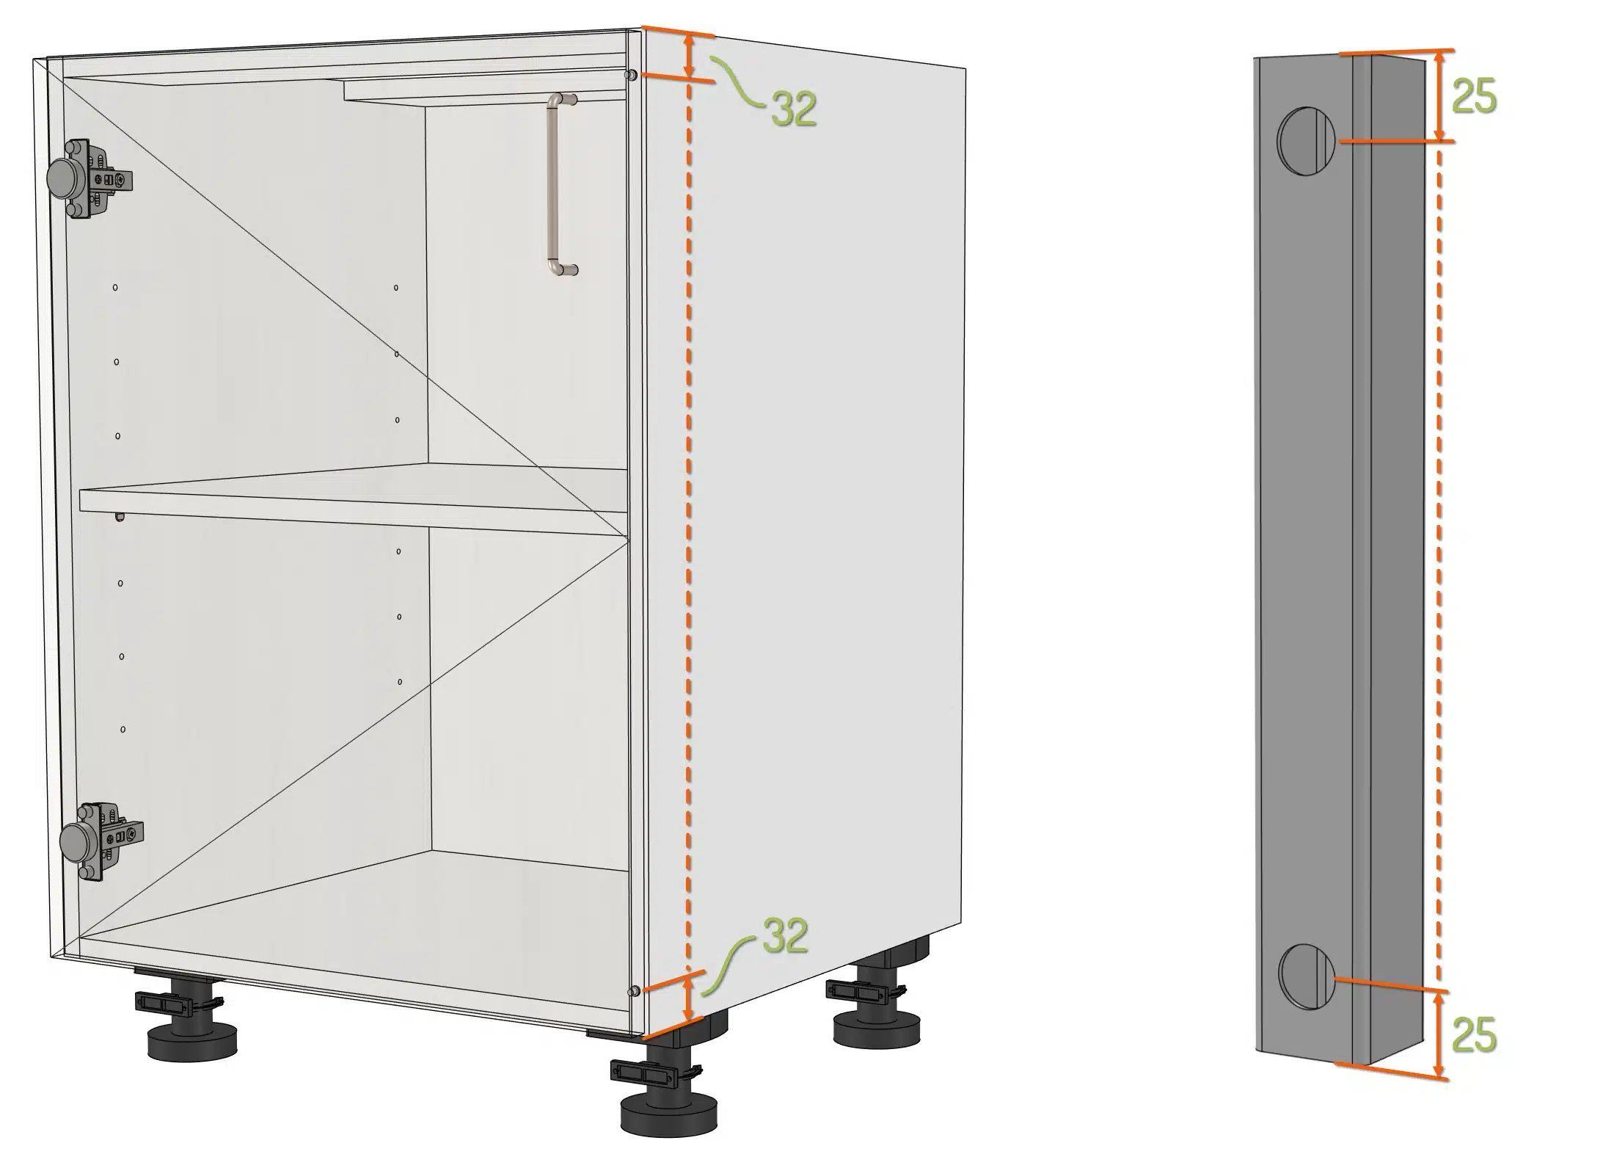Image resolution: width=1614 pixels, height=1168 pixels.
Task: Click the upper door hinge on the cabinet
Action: click(x=90, y=180)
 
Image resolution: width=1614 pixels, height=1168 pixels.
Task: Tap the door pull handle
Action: click(x=562, y=184)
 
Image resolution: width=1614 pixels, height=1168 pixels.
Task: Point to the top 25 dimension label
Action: click(x=1475, y=96)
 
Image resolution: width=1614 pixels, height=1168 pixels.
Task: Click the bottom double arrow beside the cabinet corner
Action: click(x=688, y=997)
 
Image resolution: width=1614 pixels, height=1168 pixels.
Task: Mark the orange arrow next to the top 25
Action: click(x=1439, y=96)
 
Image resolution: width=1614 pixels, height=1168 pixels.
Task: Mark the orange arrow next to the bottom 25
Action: click(x=1439, y=1034)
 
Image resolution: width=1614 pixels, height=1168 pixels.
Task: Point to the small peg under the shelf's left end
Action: click(x=120, y=518)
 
